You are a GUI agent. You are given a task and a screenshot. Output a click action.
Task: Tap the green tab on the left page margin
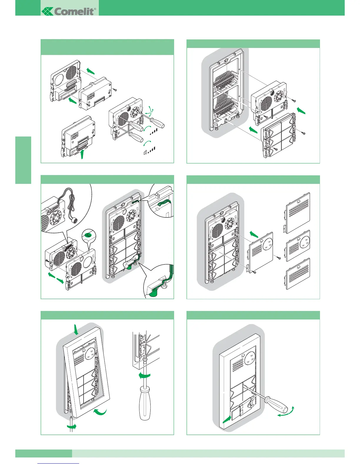coord(23,160)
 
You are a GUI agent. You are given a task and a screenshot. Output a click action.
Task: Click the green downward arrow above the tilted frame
coord(76,329)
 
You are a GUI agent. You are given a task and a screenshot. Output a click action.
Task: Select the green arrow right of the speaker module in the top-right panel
coord(301,111)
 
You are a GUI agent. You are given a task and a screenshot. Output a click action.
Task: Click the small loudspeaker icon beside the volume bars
coord(145,152)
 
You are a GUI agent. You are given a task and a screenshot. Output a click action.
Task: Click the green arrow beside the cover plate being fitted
coord(254,234)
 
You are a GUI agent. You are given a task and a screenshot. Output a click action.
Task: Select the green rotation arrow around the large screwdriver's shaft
coord(144,375)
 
